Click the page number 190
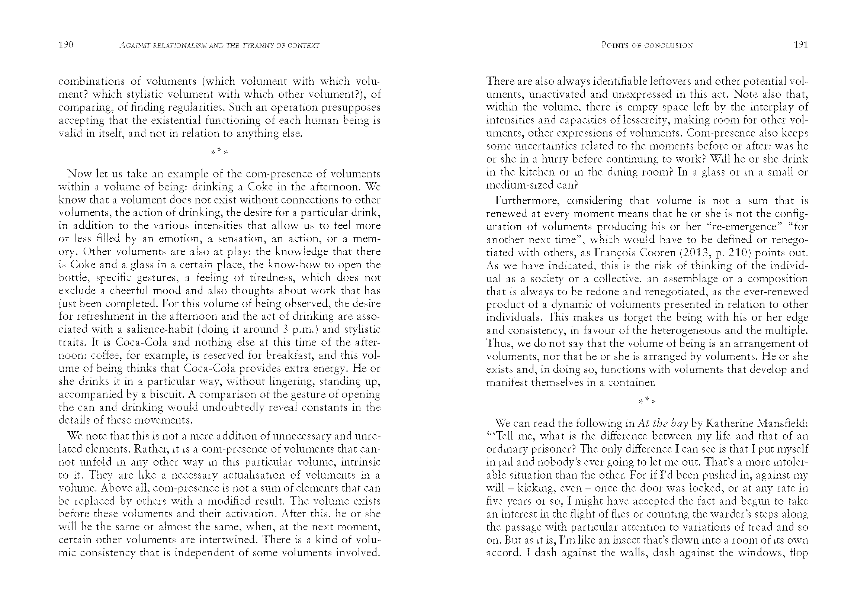click(x=65, y=45)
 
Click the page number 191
click(x=801, y=45)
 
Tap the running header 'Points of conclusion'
click(x=647, y=45)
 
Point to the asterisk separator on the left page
click(x=219, y=152)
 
